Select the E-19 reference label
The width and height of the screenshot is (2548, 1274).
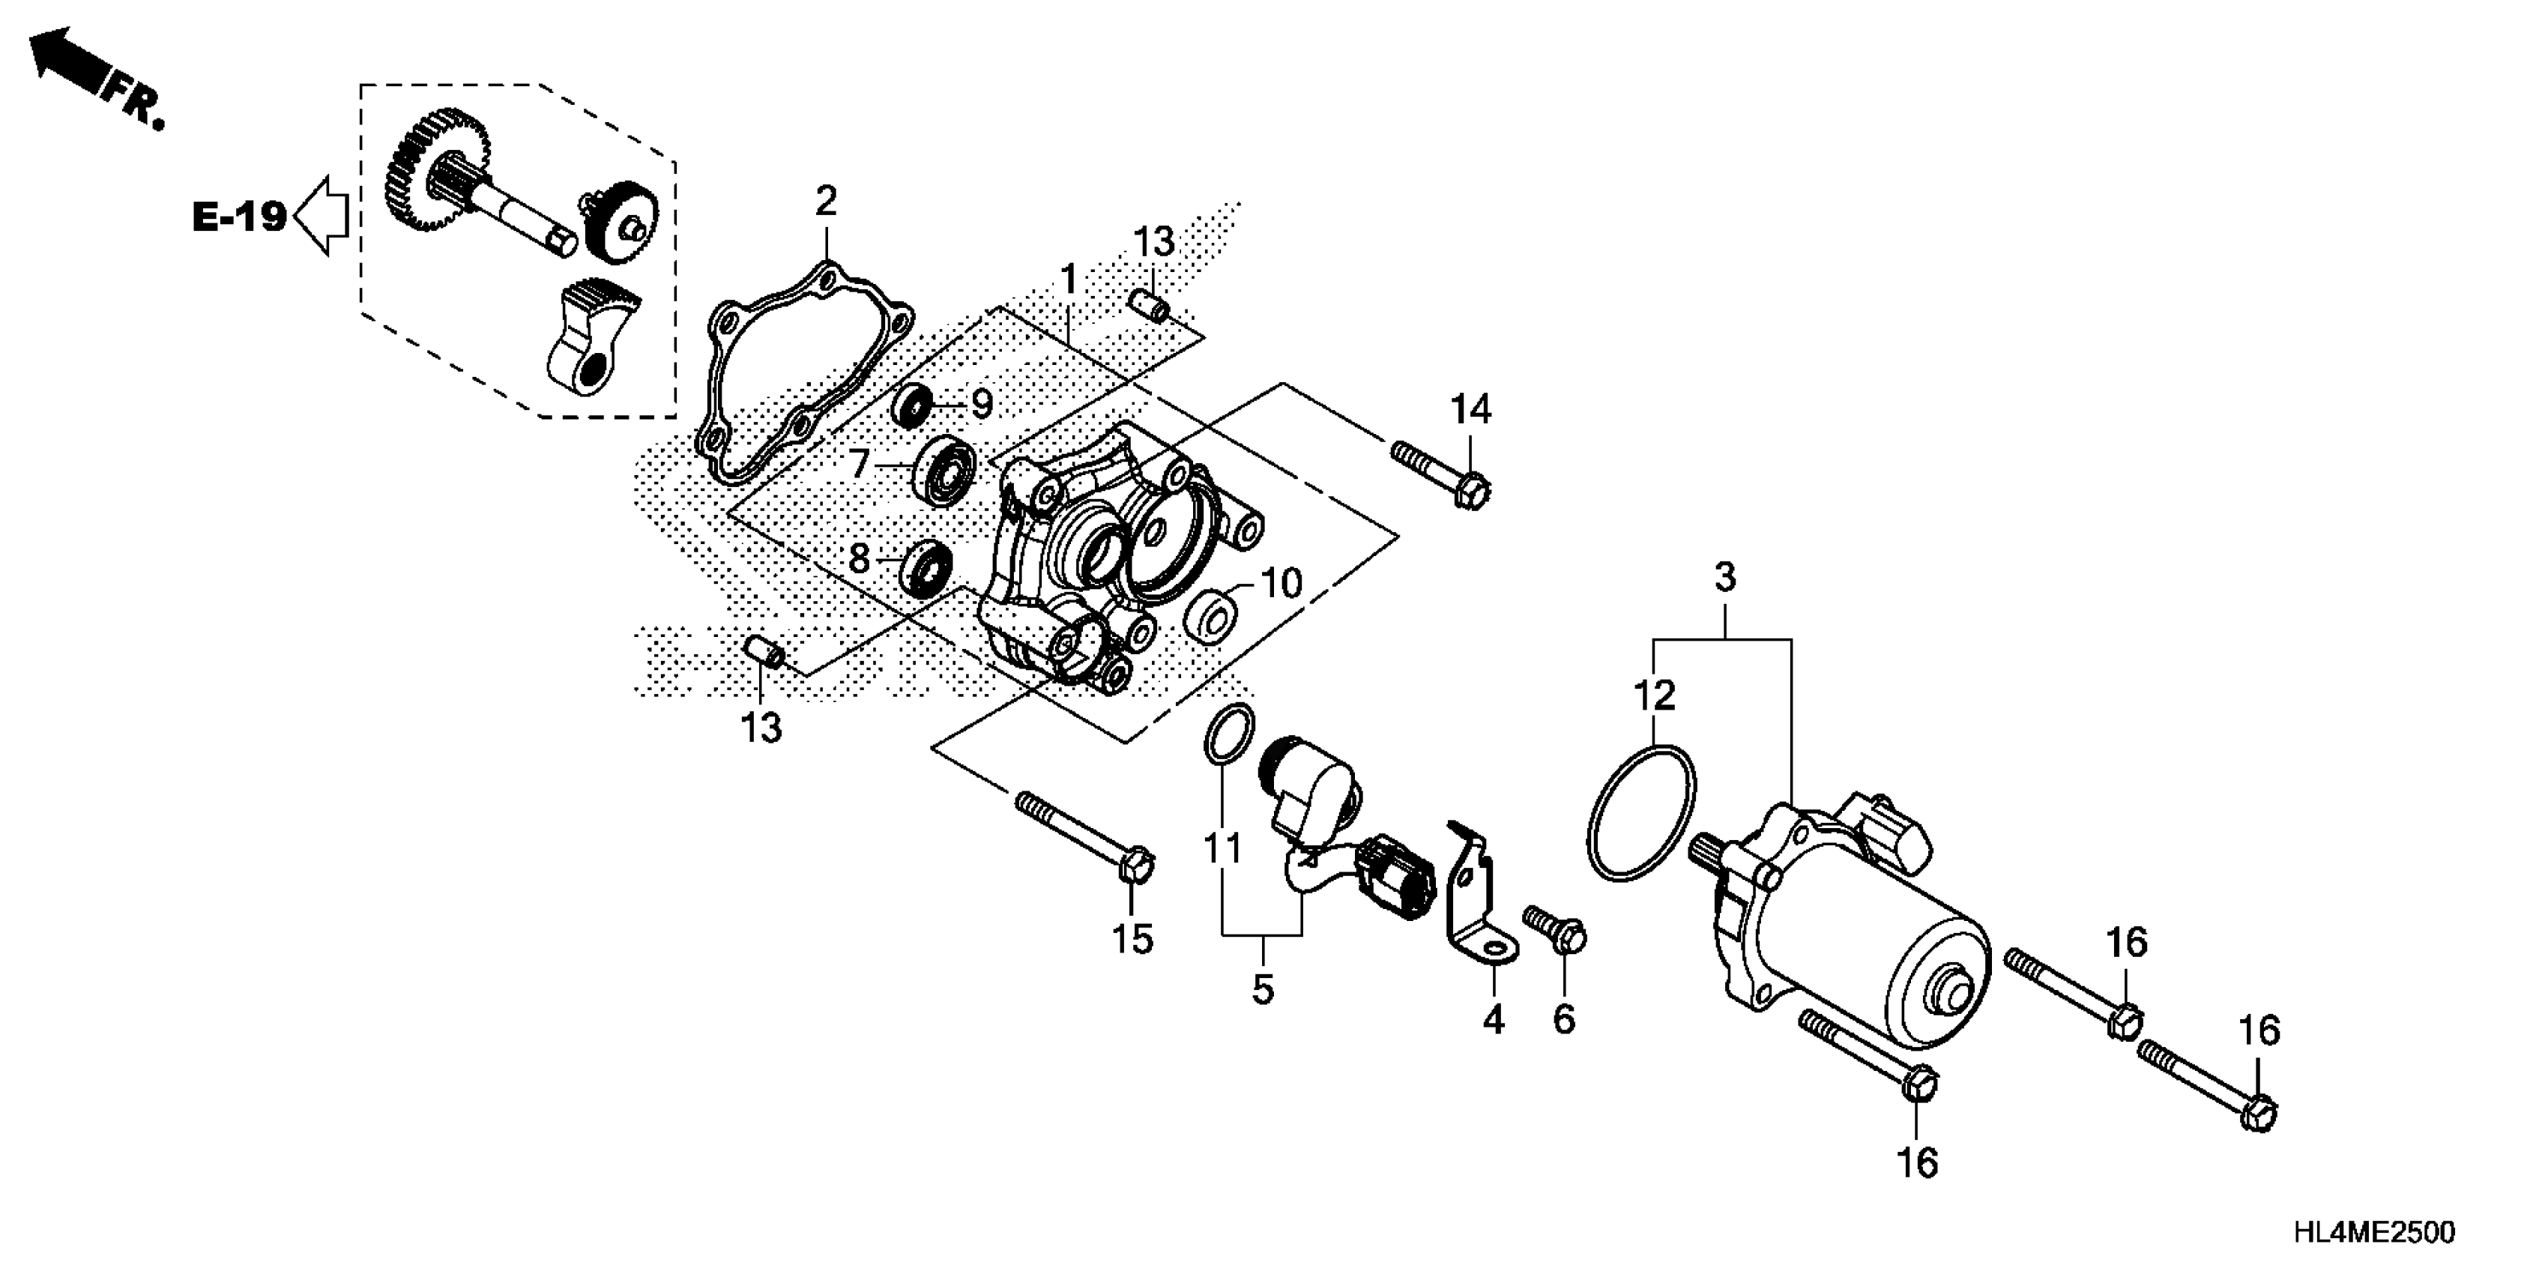pos(239,217)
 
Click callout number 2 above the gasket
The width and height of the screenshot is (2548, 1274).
pos(826,201)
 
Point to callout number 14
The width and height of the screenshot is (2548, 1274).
pos(1471,408)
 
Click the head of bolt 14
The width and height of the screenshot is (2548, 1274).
pos(1473,489)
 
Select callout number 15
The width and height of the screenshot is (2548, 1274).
pos(1132,938)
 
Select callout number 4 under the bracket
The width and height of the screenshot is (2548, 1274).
pos(1493,1018)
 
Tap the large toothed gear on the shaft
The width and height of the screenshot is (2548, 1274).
pos(435,178)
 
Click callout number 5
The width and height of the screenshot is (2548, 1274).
pos(1262,989)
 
